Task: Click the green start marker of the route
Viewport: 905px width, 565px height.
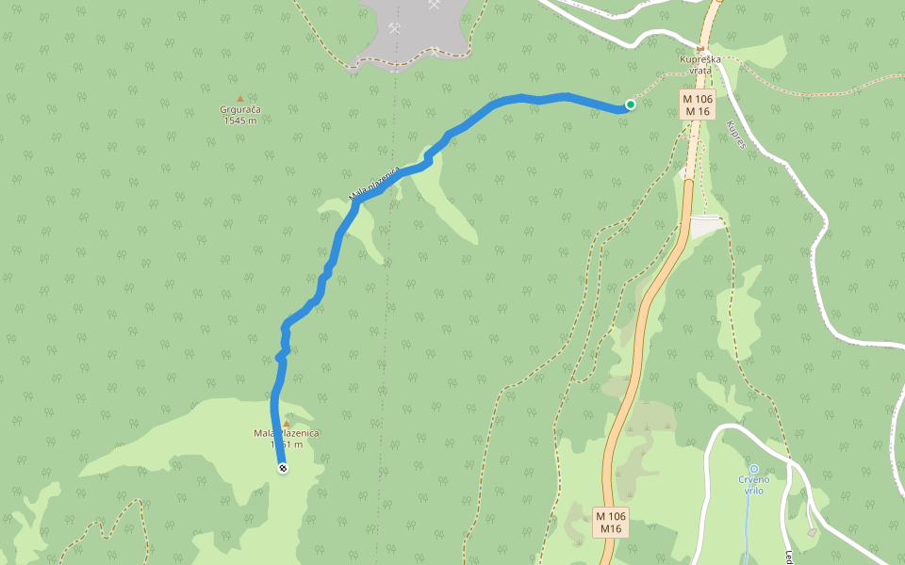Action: [x=630, y=105]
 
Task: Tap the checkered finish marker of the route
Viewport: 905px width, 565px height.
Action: [x=282, y=468]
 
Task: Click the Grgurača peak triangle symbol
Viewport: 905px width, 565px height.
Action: [x=240, y=98]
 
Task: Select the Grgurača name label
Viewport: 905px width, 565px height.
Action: [x=240, y=109]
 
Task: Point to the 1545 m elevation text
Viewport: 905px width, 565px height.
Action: [x=240, y=121]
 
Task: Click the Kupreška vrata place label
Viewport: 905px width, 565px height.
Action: [x=700, y=65]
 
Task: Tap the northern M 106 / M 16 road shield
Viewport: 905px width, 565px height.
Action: [x=698, y=105]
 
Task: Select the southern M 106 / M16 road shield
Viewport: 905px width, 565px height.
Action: [x=611, y=522]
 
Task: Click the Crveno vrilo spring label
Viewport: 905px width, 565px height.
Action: [x=754, y=485]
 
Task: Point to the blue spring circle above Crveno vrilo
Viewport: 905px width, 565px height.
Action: [x=754, y=469]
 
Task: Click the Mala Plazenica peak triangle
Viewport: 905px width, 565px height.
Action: [x=287, y=423]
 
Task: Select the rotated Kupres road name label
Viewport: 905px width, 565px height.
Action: [x=736, y=135]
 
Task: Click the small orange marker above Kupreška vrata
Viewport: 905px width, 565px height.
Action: [x=700, y=49]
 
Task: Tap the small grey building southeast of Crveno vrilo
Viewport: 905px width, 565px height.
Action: [x=813, y=532]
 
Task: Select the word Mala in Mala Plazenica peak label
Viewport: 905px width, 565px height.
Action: [x=264, y=433]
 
